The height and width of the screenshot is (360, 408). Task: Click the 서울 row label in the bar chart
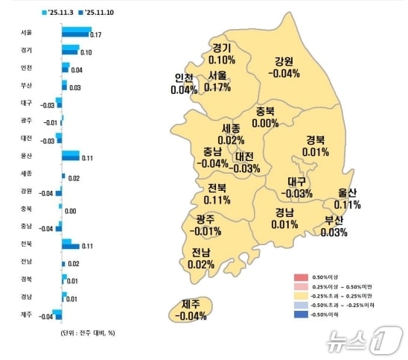click(27, 33)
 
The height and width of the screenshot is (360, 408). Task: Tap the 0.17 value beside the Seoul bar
click(96, 36)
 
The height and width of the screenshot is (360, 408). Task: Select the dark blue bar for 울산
click(71, 157)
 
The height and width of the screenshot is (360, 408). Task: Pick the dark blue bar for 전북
click(71, 245)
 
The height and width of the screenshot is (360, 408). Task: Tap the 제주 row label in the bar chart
click(27, 315)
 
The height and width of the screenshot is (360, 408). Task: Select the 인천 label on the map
click(184, 83)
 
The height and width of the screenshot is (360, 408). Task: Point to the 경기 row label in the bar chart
click(27, 50)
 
